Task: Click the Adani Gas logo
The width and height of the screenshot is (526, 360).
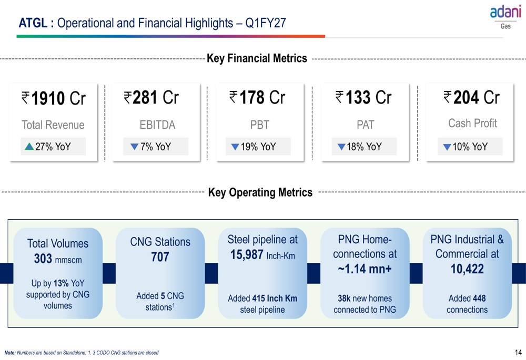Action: pyautogui.click(x=505, y=17)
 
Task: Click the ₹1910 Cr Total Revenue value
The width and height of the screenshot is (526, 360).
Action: pyautogui.click(x=54, y=98)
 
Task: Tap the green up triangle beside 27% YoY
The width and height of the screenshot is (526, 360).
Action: pyautogui.click(x=29, y=147)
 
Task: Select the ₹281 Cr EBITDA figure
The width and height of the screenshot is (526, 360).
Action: pyautogui.click(x=151, y=98)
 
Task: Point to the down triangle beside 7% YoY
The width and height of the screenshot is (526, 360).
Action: pyautogui.click(x=134, y=147)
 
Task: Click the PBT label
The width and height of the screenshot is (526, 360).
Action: pyautogui.click(x=260, y=125)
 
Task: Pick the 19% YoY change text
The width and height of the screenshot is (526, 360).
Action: pyautogui.click(x=258, y=147)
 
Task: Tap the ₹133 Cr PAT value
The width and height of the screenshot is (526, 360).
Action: pyautogui.click(x=363, y=98)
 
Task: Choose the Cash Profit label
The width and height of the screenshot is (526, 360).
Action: pyautogui.click(x=472, y=124)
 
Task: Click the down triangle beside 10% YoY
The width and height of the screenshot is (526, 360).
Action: pyautogui.click(x=447, y=147)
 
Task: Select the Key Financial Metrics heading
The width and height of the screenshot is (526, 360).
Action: pyautogui.click(x=257, y=58)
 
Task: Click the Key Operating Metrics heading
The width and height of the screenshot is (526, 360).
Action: pyautogui.click(x=260, y=192)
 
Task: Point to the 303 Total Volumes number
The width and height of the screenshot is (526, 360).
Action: pyautogui.click(x=43, y=259)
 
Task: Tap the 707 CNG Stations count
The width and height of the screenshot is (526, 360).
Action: pyautogui.click(x=160, y=257)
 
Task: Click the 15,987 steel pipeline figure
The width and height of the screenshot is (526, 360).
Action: pyautogui.click(x=247, y=255)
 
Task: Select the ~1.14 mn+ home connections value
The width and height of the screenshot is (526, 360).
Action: pyautogui.click(x=365, y=269)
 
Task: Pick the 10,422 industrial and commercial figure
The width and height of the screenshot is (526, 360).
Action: pyautogui.click(x=467, y=269)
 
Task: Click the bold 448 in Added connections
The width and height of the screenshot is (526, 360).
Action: pyautogui.click(x=479, y=298)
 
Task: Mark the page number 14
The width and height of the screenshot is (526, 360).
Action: pyautogui.click(x=518, y=352)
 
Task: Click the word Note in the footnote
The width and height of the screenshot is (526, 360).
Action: pyautogui.click(x=10, y=353)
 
